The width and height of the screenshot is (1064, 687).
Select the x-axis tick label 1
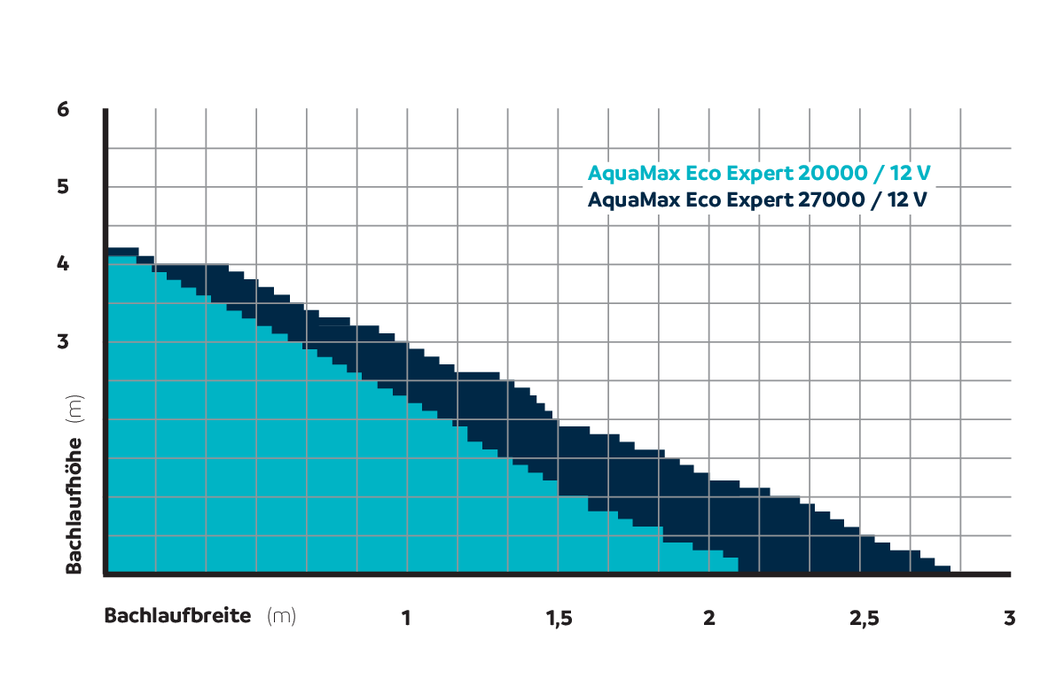point(406,618)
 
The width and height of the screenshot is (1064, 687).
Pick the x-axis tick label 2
point(708,618)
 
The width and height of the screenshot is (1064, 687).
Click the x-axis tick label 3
point(1009,618)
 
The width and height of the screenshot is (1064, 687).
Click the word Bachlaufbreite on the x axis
point(178,615)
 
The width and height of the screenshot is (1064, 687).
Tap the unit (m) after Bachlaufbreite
point(281,616)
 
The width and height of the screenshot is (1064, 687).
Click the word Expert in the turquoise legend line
point(753,173)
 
